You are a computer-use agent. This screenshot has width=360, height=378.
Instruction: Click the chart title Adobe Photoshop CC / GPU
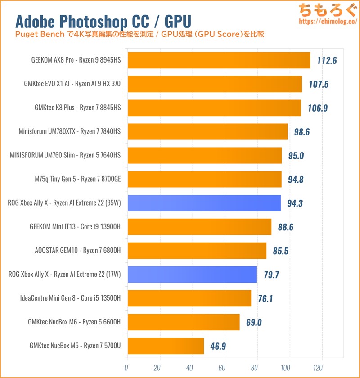(103, 21)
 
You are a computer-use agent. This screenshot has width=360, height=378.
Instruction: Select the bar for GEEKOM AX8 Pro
(218, 60)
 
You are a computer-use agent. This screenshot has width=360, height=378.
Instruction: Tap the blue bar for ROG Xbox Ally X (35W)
(203, 203)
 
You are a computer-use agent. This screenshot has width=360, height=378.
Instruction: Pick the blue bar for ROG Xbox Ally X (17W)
(192, 274)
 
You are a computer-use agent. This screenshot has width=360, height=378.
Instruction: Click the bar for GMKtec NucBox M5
(165, 346)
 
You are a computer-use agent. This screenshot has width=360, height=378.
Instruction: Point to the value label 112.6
(327, 60)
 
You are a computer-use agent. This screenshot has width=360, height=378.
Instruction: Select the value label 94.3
(295, 203)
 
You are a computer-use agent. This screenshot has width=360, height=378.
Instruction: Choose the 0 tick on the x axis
(126, 367)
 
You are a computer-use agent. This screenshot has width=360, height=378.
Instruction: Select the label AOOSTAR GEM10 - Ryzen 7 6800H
(78, 251)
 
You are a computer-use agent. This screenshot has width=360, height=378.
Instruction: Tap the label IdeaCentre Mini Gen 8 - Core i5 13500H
(71, 298)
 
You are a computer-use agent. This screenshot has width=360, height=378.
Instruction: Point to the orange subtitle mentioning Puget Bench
(139, 34)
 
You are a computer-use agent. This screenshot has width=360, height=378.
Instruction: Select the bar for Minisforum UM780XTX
(207, 132)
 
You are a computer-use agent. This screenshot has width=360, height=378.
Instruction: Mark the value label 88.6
(286, 227)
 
